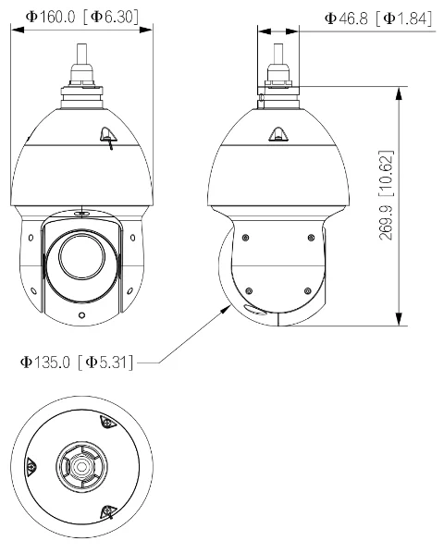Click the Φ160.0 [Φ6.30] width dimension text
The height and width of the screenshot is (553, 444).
pos(81,17)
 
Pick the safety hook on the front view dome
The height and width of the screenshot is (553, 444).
pos(106,136)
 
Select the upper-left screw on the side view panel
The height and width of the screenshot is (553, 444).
pos(244,238)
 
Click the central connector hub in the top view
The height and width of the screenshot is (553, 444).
pos(81,470)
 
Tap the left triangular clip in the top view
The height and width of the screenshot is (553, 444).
pos(30,469)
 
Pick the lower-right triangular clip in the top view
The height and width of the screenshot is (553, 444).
pos(107,514)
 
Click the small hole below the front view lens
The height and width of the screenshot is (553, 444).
pos(81,315)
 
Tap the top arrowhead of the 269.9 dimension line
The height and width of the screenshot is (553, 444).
pos(400,91)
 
